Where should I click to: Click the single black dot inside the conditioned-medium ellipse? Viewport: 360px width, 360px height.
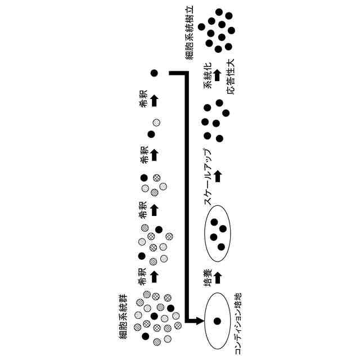pos(216,321)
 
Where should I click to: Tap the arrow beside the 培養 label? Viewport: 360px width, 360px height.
pos(218,277)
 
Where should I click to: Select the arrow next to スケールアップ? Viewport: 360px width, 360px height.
pos(218,176)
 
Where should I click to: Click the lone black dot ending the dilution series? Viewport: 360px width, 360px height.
pos(155,73)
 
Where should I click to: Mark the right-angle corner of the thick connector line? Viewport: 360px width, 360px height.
pos(186,73)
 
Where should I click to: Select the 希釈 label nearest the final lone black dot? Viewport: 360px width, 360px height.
pos(144,101)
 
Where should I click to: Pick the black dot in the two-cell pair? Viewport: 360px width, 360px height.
pos(151,134)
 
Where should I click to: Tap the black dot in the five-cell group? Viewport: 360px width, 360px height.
pos(144,178)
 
